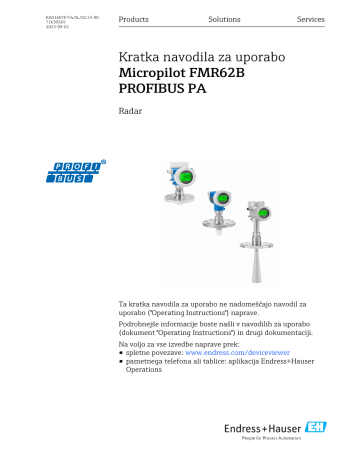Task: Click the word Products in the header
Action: (133, 20)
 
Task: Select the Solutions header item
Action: (224, 20)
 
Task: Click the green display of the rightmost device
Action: (264, 214)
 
